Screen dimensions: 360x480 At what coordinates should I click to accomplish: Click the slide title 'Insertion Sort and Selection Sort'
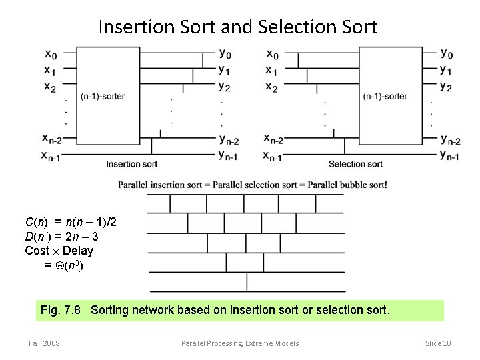coord(238,27)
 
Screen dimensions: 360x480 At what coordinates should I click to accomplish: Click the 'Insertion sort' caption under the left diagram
coord(131,164)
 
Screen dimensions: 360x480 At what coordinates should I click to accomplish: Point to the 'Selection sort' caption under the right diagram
coord(355,164)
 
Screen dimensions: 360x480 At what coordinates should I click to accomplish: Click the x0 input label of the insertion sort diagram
coord(51,53)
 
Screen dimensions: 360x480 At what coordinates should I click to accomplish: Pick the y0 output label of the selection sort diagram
coord(447,53)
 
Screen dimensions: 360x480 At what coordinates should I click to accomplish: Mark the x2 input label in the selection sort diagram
coord(271,86)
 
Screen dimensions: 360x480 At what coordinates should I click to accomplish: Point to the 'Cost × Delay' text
coord(59,251)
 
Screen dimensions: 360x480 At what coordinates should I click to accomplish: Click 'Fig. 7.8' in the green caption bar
coord(60,310)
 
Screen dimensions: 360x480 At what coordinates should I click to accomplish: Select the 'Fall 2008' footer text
coord(44,343)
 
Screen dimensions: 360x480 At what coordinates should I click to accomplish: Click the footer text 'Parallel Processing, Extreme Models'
coord(240,343)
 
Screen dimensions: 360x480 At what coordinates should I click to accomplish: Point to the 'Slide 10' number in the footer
coord(438,343)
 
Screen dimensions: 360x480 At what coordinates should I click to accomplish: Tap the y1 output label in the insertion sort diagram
coord(225,70)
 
